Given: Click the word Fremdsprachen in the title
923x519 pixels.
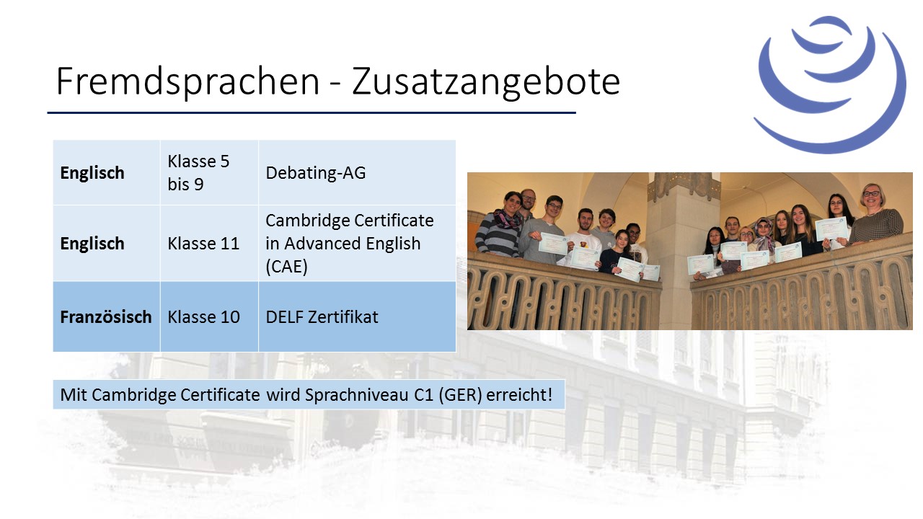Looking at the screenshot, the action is click(188, 81).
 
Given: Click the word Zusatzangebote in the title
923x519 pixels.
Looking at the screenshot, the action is click(486, 81).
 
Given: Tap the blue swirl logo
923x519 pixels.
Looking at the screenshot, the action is click(829, 84).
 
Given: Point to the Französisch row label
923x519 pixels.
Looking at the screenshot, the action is click(106, 316).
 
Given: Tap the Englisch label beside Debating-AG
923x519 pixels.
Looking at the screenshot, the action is click(92, 173).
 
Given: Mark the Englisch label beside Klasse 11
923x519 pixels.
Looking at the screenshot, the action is click(92, 244).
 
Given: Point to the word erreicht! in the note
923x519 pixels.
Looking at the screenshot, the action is click(519, 394).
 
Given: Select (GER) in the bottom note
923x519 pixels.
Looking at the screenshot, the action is click(460, 394).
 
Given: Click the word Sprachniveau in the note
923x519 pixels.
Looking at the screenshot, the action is click(357, 394).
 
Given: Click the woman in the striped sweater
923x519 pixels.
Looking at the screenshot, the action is click(500, 226).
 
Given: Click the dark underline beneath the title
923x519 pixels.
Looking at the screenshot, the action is click(312, 112).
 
